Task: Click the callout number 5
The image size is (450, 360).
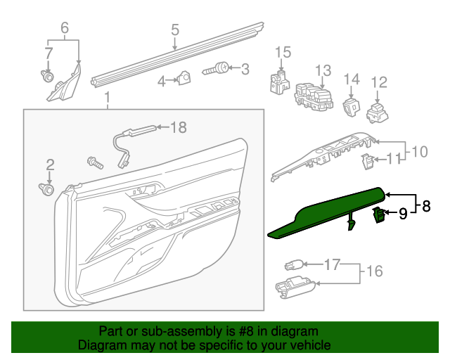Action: (175, 30)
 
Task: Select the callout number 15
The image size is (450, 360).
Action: (282, 52)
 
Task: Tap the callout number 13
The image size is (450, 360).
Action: (322, 70)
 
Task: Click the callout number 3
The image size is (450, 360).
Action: (245, 70)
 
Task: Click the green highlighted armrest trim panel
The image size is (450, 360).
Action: (323, 210)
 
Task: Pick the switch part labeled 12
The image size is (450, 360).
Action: (379, 112)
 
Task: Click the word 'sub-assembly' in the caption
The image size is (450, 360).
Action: (168, 331)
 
